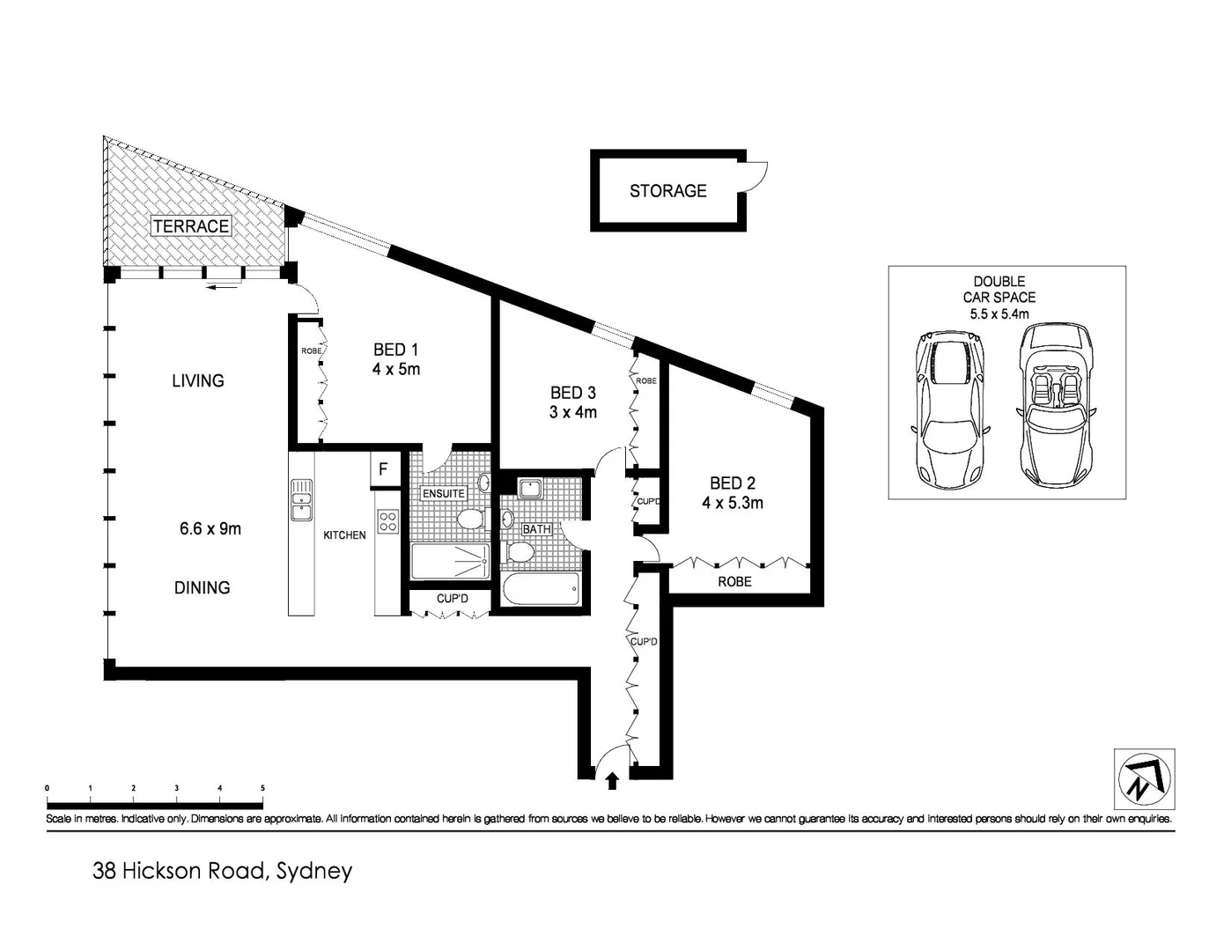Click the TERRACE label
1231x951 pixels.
point(191,226)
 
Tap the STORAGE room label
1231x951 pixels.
point(668,191)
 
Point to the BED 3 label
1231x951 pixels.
point(572,393)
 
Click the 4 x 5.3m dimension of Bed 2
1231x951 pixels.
point(733,503)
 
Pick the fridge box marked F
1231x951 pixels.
point(384,469)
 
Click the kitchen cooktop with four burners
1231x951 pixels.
point(388,521)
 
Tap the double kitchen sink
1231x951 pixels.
point(301,499)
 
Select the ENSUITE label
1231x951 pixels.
point(444,493)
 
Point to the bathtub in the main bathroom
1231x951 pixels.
point(541,589)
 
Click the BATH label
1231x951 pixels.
point(536,529)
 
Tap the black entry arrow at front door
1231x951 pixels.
point(612,782)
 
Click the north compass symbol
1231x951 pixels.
point(1145,779)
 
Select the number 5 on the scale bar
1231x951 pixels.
point(263,788)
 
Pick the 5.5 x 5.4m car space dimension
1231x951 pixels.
point(999,313)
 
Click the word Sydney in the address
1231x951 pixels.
point(314,871)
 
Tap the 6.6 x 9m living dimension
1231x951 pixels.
point(210,528)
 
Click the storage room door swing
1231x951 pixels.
point(756,177)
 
